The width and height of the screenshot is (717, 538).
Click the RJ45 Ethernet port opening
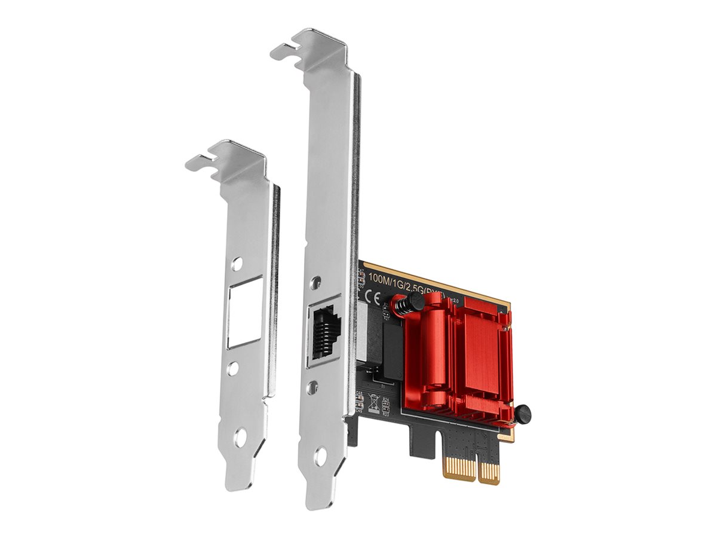(323, 332)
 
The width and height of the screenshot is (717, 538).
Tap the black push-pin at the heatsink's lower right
(523, 413)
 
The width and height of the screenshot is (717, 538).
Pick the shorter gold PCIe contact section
(489, 472)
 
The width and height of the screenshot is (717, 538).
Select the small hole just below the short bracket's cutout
(234, 367)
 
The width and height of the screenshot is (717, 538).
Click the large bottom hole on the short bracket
(240, 438)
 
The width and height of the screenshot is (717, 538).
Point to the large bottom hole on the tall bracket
(320, 458)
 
